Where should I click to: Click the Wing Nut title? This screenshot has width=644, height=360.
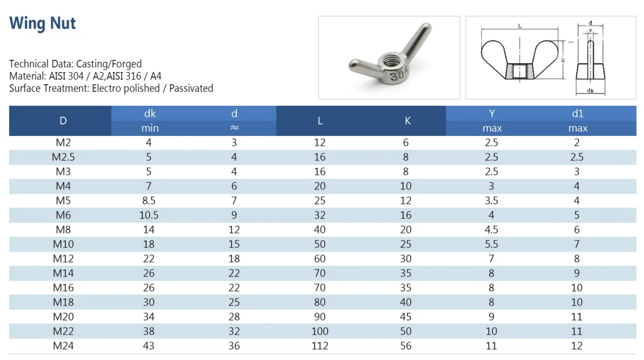(42, 24)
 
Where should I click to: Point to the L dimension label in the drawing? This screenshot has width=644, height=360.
(519, 27)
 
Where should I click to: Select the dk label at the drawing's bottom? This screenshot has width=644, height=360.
(590, 91)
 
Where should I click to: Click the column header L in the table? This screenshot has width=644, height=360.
(320, 121)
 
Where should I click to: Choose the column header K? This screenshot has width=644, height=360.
(407, 121)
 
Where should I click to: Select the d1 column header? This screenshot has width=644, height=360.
(577, 114)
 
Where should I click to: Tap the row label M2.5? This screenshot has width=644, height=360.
(63, 157)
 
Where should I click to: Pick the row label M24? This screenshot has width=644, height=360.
(63, 345)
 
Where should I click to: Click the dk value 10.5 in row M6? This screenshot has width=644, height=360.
(149, 215)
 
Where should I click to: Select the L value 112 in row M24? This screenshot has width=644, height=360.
(319, 345)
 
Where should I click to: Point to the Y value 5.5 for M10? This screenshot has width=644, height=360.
(491, 244)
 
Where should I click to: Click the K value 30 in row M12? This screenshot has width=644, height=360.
(405, 258)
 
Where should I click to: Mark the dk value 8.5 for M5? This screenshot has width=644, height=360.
(149, 200)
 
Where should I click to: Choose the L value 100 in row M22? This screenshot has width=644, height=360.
(319, 331)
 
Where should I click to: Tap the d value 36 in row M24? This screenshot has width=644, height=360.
(234, 345)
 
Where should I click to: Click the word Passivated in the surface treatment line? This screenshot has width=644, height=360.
(190, 88)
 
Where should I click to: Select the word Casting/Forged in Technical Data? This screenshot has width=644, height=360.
(109, 64)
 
